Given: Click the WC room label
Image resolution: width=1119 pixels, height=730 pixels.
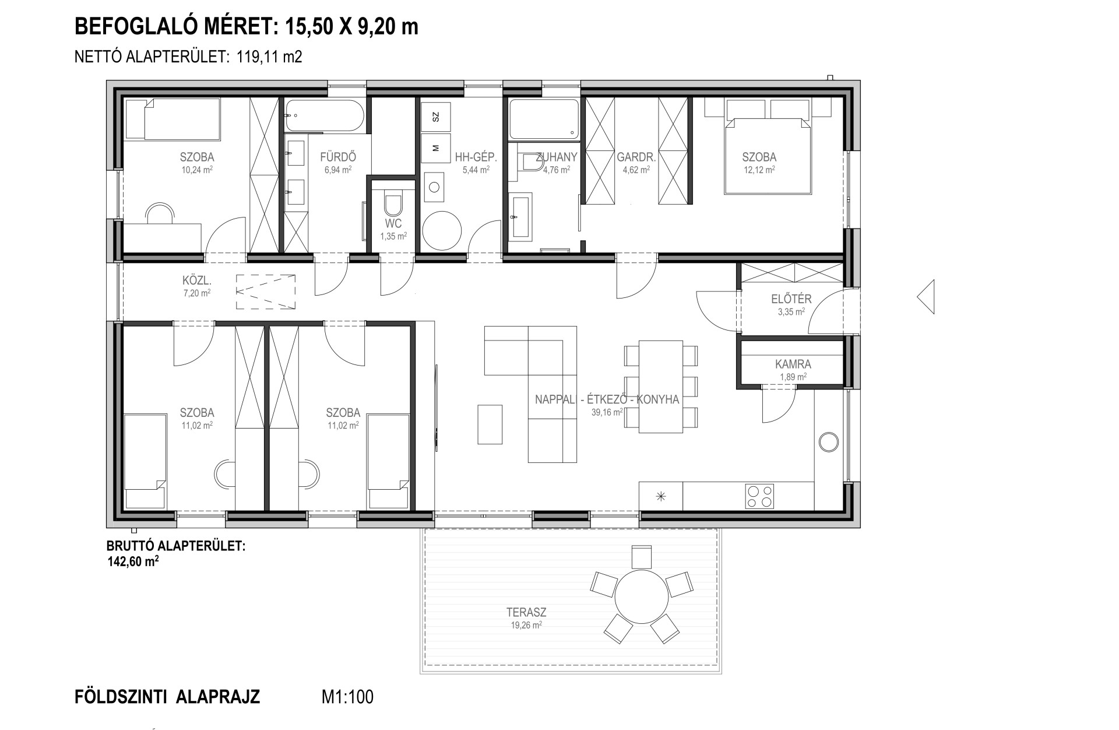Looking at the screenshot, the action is pos(393,224).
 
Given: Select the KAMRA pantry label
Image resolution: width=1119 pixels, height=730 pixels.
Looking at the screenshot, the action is pos(793,364).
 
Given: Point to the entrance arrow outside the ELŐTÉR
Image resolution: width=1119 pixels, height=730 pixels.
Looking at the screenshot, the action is pos(926,297).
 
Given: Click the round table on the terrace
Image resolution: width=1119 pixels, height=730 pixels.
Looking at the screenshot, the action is pos(642,596).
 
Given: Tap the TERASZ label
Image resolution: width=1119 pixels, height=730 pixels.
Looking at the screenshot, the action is pos(526,613).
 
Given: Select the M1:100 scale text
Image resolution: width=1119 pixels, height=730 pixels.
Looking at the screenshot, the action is pos(347,697).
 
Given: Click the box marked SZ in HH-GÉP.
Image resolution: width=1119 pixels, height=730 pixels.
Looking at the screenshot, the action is pos(436,117).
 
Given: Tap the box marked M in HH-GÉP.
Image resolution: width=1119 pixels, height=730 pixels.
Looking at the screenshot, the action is pos(436,148).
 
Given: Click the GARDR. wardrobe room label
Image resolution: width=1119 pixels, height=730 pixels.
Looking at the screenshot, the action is pos(636,157).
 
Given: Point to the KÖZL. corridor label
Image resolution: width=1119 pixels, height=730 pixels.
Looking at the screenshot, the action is pos(196,282).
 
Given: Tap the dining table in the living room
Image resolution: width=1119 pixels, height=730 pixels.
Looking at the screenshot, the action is pos(660,387).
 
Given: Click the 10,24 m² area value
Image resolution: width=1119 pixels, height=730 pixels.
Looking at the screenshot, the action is pos(196,170).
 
